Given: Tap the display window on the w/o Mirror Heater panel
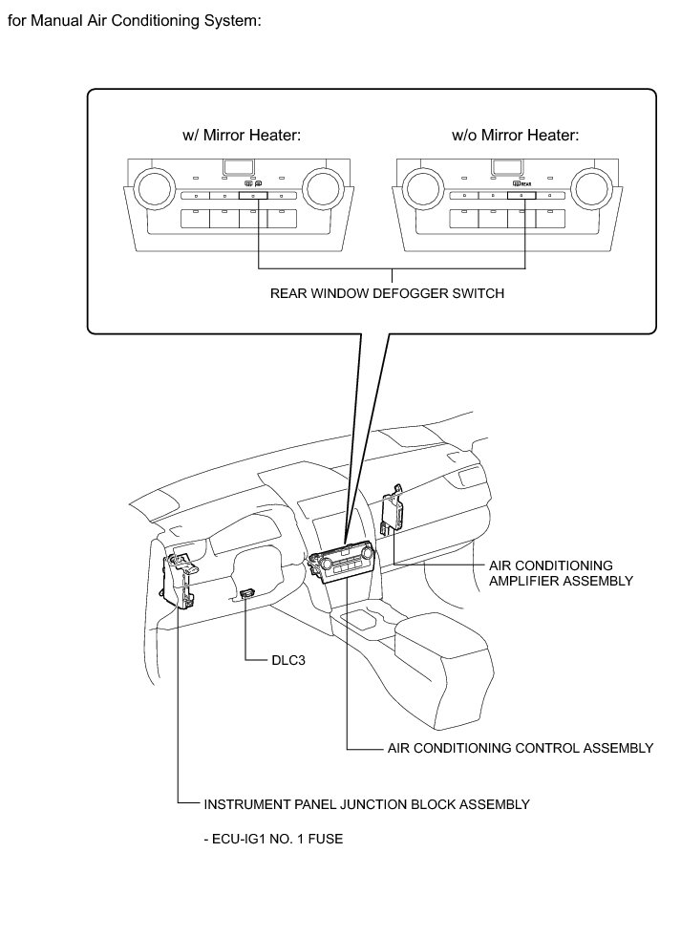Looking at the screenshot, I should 506,168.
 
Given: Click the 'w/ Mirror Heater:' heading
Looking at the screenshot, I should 242,136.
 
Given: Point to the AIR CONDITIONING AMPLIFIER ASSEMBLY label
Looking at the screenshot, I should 560,573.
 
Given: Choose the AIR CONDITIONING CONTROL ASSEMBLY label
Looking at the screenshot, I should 520,748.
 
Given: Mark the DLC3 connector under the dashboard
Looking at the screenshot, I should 248,593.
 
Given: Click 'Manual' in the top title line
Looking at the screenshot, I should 54,18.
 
